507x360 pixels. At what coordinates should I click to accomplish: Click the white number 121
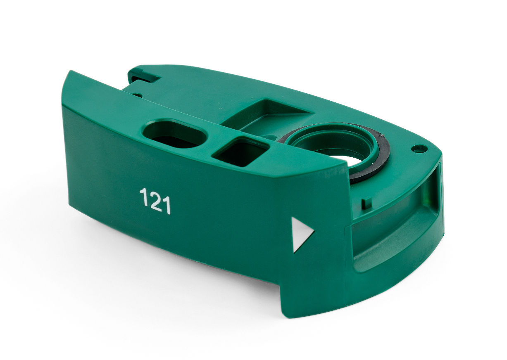point(155,201)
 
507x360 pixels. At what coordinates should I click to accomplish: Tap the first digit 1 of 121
point(143,197)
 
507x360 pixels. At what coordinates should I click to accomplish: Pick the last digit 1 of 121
point(167,205)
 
